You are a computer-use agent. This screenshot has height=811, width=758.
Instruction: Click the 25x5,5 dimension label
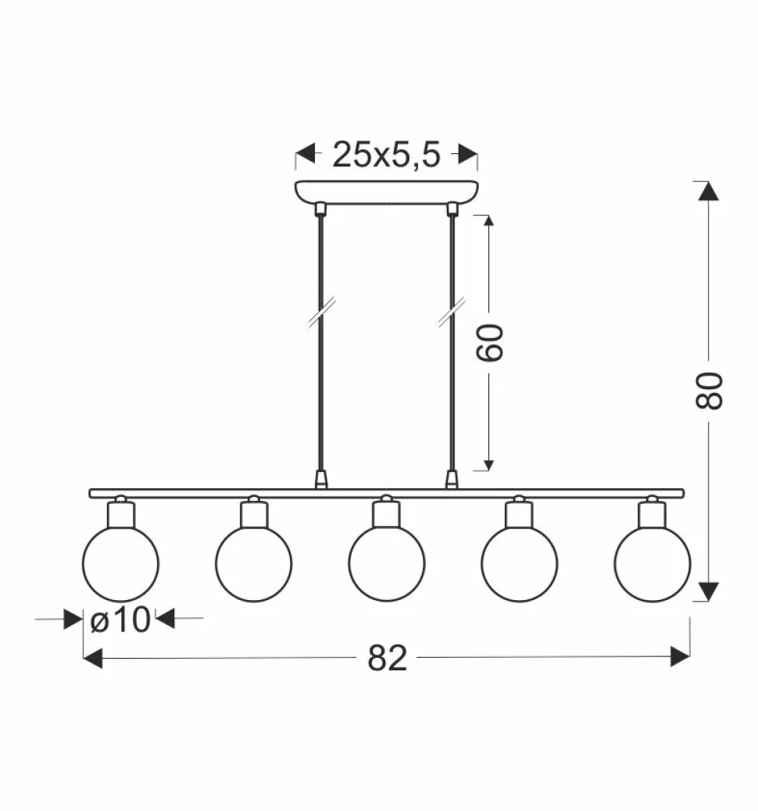click(386, 154)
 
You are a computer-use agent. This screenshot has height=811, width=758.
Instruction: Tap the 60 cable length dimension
click(489, 342)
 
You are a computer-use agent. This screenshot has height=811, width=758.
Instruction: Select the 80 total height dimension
click(708, 391)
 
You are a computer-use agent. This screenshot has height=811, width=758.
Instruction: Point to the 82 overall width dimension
click(387, 658)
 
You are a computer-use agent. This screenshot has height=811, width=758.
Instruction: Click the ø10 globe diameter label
click(120, 619)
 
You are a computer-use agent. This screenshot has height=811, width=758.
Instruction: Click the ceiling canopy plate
click(387, 192)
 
